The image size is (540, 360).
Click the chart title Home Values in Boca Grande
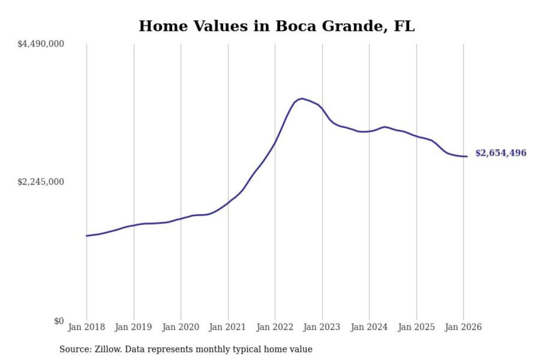coord(277,26)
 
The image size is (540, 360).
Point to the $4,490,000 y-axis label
coord(41,44)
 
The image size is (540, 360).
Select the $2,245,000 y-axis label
coord(41,182)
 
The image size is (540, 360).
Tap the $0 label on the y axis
coord(59,321)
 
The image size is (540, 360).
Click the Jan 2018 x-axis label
coord(86,327)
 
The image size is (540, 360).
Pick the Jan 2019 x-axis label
coord(133,327)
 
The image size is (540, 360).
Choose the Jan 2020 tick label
coord(180,327)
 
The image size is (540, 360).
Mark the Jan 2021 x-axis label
coord(227,327)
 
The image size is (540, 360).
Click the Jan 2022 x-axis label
coord(274,327)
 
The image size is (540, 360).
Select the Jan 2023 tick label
coord(321,327)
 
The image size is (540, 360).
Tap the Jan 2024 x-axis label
coord(369,327)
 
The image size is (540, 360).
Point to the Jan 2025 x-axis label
coord(416,327)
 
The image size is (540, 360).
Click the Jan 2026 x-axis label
coord(463,327)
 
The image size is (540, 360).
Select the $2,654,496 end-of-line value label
coord(501,153)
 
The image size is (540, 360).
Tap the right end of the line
coord(467,156)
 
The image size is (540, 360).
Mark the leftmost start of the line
coord(87,236)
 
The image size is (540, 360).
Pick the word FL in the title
coord(404,26)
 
